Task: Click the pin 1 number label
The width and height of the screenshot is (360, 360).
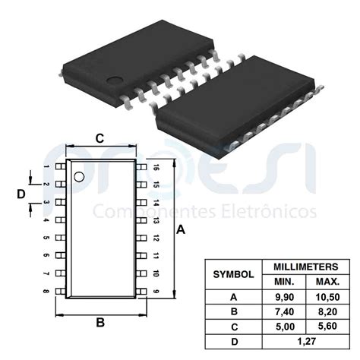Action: coord(47,166)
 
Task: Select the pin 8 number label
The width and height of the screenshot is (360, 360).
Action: coord(47,292)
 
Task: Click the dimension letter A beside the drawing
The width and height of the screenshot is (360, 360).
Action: coord(181,229)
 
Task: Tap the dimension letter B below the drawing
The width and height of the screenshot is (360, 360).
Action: coord(99,322)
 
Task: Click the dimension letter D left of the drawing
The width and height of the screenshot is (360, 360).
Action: coord(21,194)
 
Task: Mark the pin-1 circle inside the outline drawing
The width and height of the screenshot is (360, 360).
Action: coord(78,177)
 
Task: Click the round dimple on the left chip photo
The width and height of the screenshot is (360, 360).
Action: coord(114,79)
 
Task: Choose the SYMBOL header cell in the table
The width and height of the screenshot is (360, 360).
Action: coord(233,273)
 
